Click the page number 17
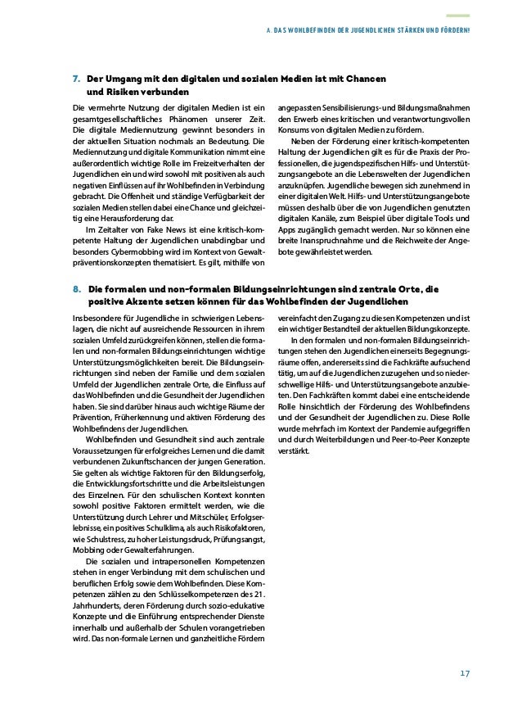click(463, 673)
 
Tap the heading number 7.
click(76, 79)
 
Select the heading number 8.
click(76, 289)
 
